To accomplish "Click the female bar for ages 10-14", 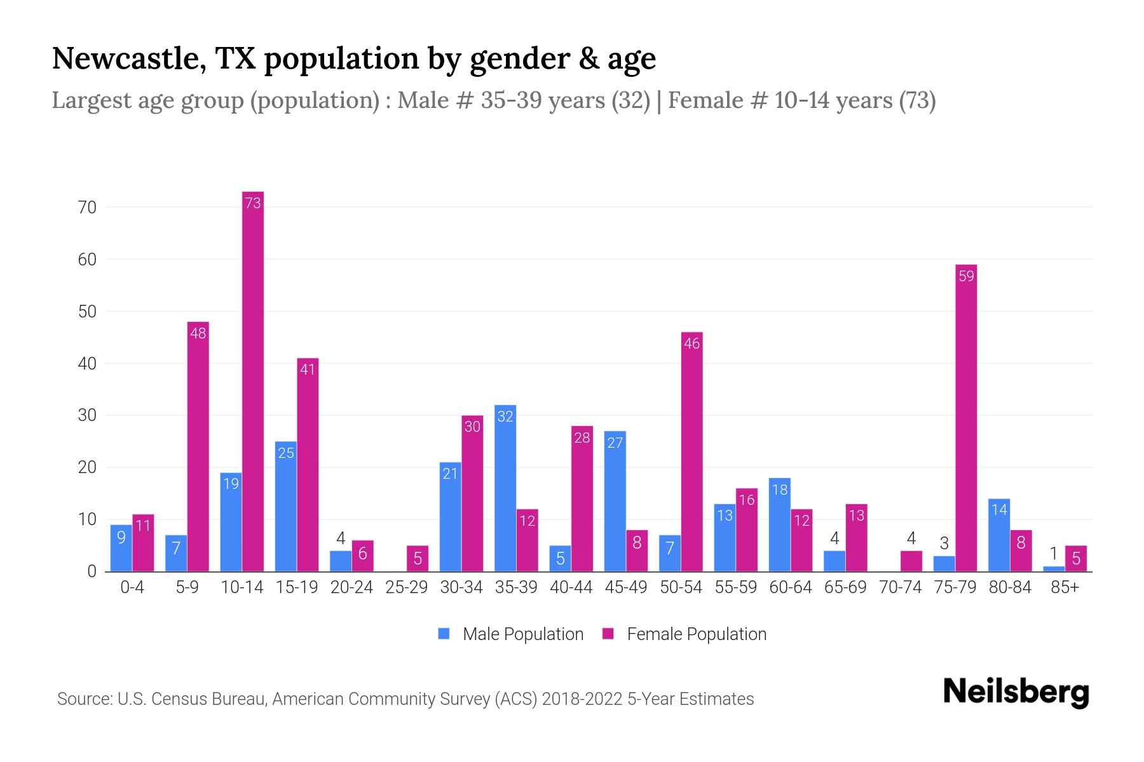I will click(x=253, y=381).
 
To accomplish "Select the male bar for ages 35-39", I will click(x=505, y=489).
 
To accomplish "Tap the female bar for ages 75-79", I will click(x=966, y=419).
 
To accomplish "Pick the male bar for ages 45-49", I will click(x=615, y=502).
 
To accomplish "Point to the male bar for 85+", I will click(x=1054, y=569).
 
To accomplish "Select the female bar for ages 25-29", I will click(x=418, y=559).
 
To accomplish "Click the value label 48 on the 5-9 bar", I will click(x=198, y=333).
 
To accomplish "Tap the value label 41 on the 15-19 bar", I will click(x=308, y=370).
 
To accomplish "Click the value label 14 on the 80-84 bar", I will click(x=999, y=510).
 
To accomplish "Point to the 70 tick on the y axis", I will click(x=87, y=208).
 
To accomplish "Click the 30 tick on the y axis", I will click(x=87, y=416).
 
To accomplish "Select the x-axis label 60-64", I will click(x=790, y=587).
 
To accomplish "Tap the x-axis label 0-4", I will click(x=132, y=587).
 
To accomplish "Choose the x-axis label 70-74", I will click(x=900, y=587).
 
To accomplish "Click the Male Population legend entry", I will click(x=512, y=634).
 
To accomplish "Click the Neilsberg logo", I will click(x=1016, y=692).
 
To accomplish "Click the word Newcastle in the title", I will click(x=124, y=58).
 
